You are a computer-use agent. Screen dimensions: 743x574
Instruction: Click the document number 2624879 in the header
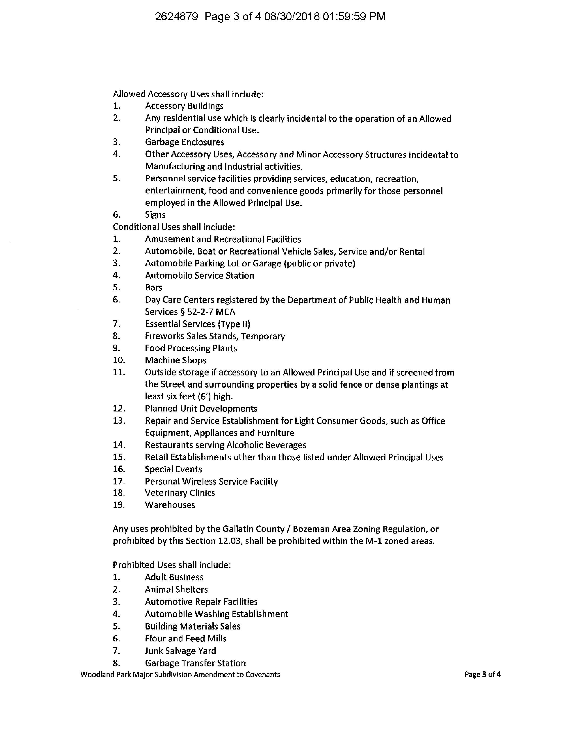[x=176, y=16]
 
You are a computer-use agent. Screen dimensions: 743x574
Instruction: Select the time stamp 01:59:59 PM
[x=354, y=16]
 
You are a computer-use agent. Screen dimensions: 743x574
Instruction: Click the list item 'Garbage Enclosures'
[x=184, y=142]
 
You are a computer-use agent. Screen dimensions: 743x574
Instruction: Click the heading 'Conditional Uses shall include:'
[x=174, y=227]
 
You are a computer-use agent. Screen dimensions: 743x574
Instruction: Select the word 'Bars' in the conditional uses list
[x=153, y=287]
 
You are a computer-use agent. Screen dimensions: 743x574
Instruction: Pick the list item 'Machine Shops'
[x=175, y=360]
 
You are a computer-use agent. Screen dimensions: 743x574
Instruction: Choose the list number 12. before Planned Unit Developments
[x=119, y=409]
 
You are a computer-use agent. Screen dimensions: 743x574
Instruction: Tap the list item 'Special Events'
[x=173, y=470]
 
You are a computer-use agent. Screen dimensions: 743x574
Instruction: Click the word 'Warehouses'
[x=170, y=505]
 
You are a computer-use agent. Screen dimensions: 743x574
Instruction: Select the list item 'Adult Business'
[x=174, y=577]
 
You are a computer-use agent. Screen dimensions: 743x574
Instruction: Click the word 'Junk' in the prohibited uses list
[x=154, y=651]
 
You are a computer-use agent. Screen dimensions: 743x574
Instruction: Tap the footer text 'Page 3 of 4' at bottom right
[x=483, y=675]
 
